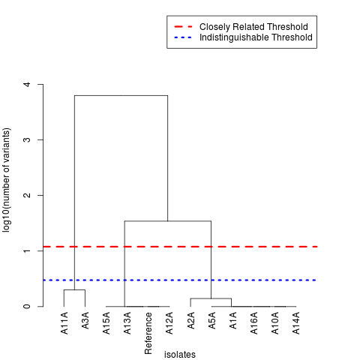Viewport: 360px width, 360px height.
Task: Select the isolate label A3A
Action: [x=85, y=322]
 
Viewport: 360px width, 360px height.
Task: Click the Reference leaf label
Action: [x=148, y=333]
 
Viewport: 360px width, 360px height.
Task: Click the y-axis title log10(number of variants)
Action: [x=7, y=181]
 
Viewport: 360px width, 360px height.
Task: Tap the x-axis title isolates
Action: [x=180, y=355]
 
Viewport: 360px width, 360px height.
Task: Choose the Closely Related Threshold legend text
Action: [x=253, y=27]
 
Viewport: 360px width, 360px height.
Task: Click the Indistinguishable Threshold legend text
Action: [x=256, y=37]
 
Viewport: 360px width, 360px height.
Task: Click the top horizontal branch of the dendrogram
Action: [x=121, y=95]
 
